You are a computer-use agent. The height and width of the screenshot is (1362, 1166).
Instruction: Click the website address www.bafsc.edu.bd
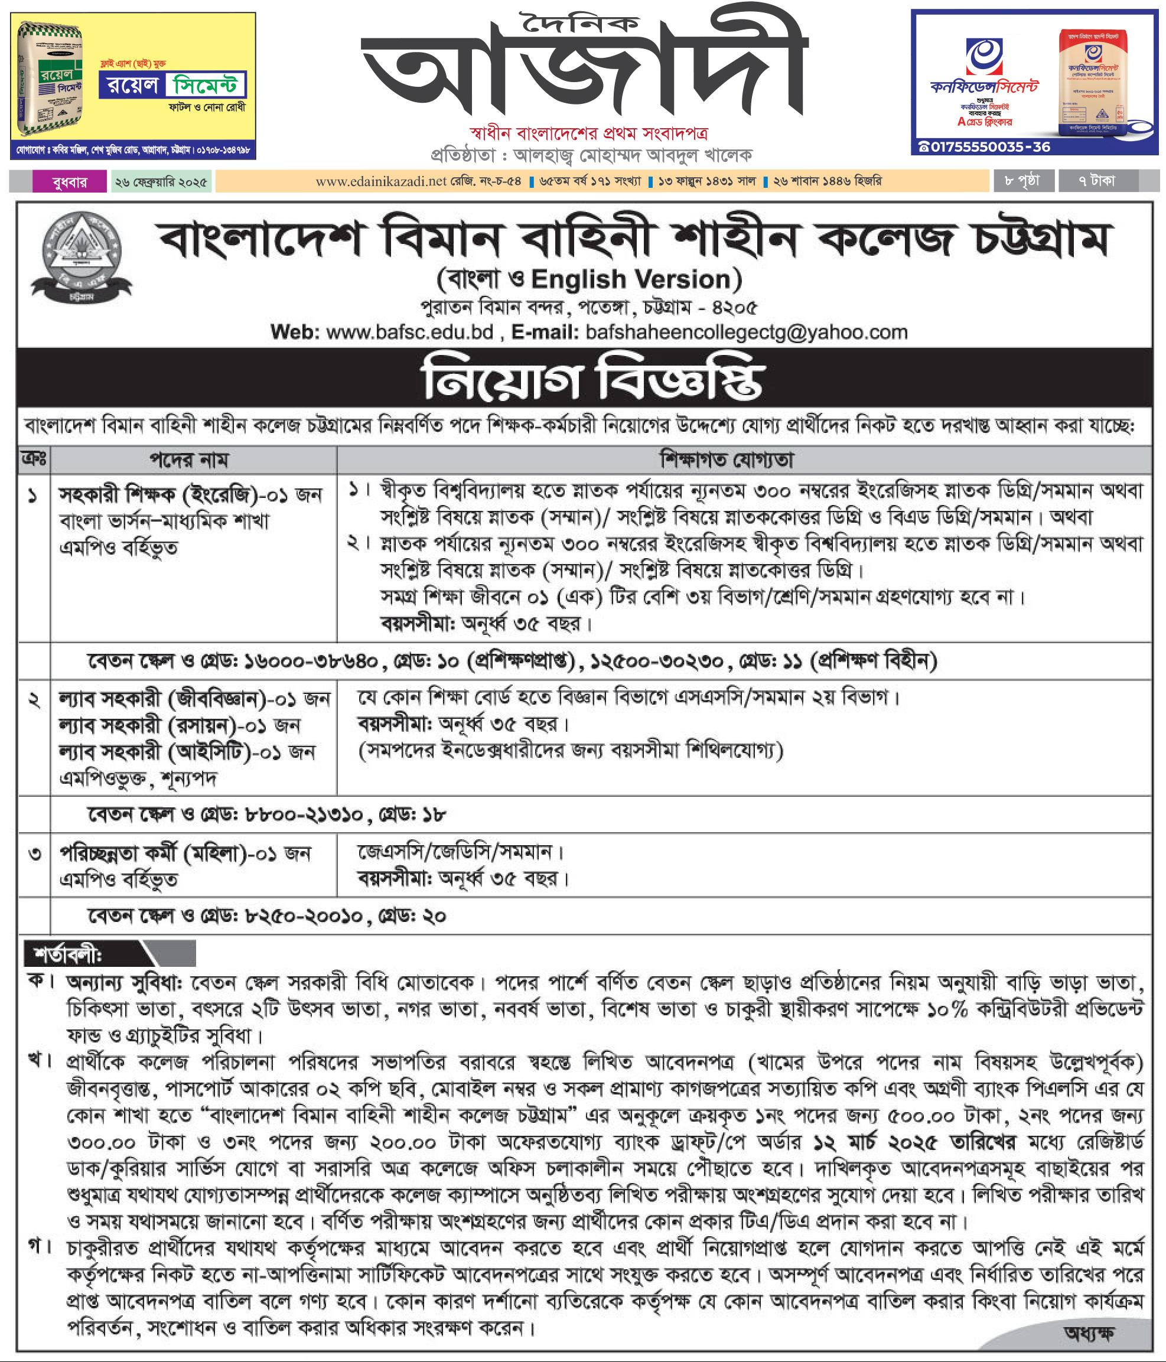409,332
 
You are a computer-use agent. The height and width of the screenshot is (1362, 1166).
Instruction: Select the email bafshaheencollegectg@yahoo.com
746,332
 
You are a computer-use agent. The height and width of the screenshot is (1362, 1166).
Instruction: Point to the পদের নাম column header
188,460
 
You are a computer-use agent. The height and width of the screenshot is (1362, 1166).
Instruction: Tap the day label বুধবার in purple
69,181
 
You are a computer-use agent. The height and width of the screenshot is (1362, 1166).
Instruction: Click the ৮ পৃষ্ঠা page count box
1021,181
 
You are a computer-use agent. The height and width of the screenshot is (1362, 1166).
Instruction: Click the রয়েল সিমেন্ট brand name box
173,86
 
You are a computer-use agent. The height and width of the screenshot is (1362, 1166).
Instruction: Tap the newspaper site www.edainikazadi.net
380,181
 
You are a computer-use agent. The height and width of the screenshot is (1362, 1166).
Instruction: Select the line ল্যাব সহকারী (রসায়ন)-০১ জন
180,725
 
